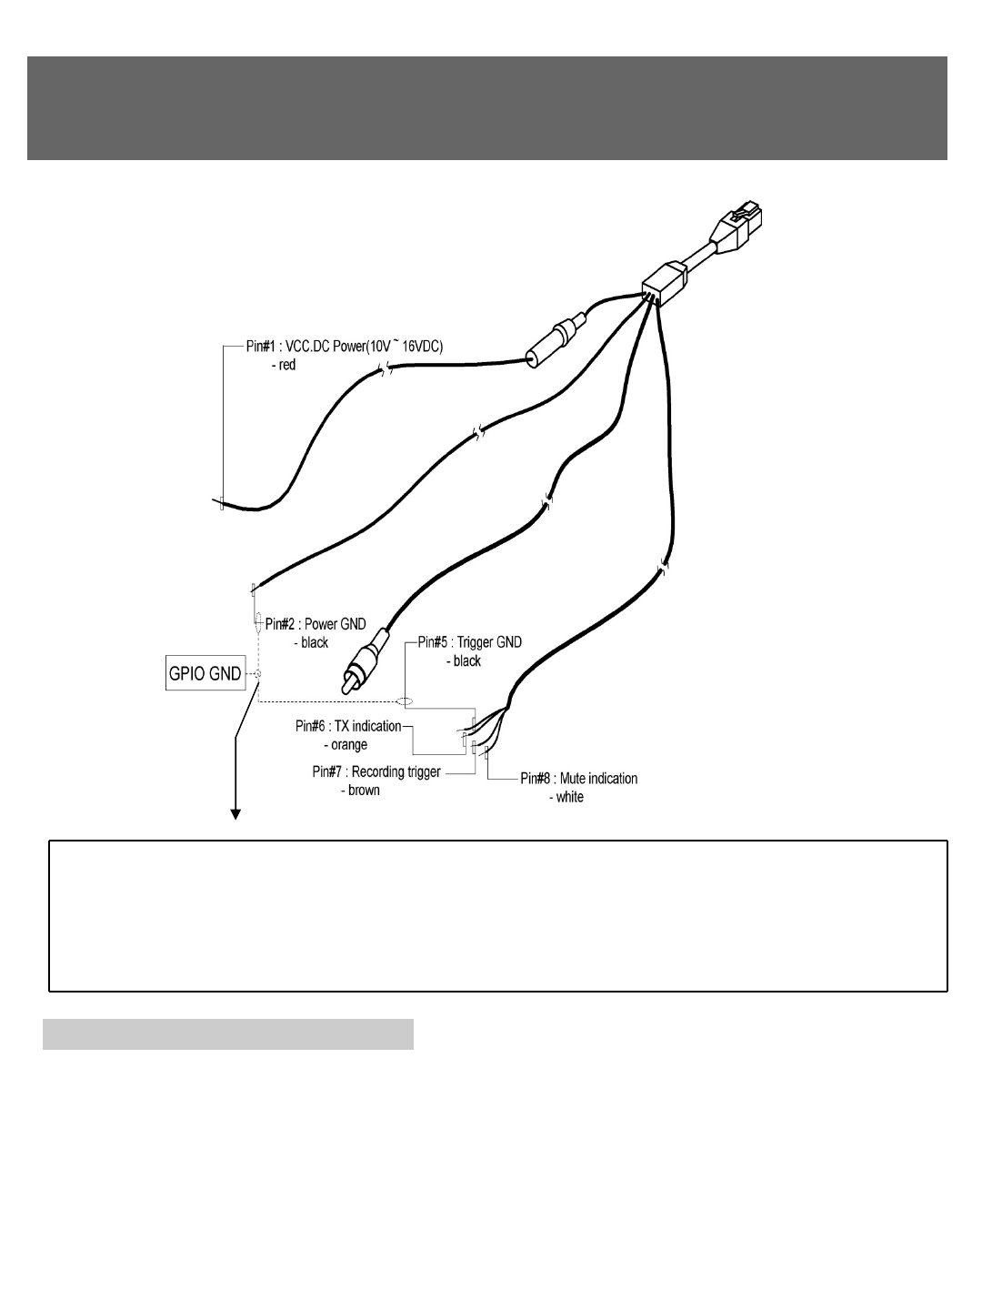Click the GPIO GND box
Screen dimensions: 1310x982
point(205,673)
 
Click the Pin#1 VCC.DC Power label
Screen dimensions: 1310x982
point(344,347)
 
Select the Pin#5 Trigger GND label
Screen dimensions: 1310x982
point(469,642)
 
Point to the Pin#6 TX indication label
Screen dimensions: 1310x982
point(348,726)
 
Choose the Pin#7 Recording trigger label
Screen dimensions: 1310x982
point(376,772)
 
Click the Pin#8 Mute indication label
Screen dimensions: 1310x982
point(578,779)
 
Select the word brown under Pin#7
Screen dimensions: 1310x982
point(361,791)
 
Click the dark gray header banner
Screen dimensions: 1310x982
point(487,107)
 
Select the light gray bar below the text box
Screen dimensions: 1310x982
point(228,1033)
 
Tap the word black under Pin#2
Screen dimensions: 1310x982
point(316,642)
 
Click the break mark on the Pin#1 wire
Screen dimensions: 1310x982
point(386,368)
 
